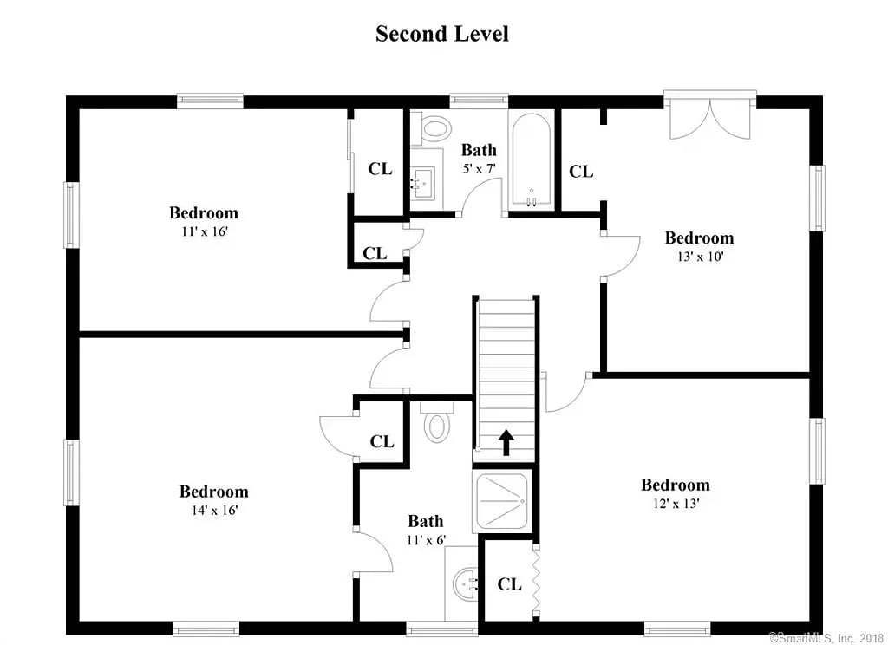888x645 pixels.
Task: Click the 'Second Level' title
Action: [441, 34]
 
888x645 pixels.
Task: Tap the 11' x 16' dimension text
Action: [204, 231]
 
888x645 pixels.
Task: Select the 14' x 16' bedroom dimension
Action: [213, 511]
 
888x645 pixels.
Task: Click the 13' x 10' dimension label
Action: [698, 257]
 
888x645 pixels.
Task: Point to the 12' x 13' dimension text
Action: [675, 504]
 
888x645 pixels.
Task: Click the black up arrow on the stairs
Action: [506, 442]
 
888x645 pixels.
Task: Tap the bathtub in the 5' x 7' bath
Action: [531, 161]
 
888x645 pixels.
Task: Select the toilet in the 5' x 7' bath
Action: [434, 129]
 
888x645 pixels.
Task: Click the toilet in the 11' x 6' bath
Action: [436, 425]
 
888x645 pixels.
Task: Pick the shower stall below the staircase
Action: [504, 502]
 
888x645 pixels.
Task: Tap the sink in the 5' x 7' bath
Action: [422, 180]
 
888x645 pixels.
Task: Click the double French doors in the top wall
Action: [709, 116]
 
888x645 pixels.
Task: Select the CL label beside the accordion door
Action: [509, 584]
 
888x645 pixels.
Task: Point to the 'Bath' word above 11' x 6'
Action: [425, 521]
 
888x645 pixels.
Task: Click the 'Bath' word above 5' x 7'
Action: [479, 150]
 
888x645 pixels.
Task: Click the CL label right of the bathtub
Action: [580, 172]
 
